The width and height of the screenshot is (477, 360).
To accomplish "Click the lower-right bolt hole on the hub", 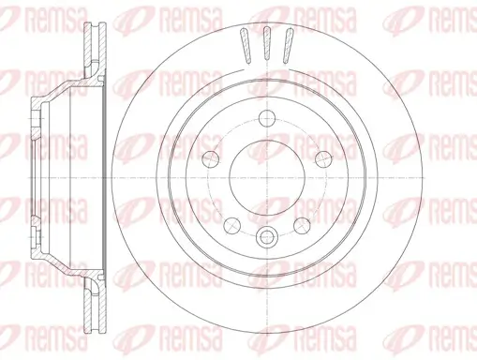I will pos(303,226).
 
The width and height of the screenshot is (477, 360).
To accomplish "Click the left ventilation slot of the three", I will pos(246,45).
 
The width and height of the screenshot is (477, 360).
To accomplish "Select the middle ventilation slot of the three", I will pos(267,43).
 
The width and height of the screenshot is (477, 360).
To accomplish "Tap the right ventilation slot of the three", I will pos(288,45).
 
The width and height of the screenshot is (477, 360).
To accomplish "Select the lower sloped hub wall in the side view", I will pos(62,265).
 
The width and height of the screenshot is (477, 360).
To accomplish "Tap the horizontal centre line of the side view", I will pos(56,179).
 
